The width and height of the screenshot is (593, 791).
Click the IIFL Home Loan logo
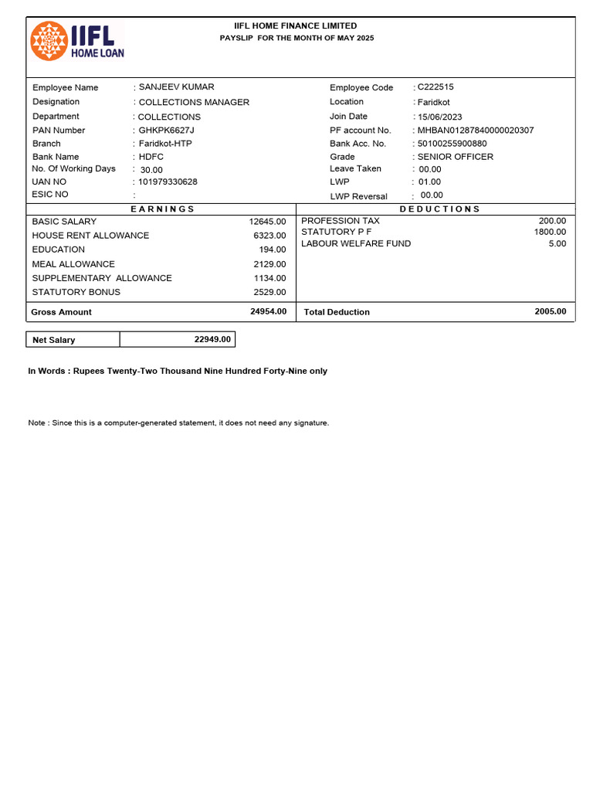pos(77,41)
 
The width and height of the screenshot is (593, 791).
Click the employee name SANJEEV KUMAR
pos(176,87)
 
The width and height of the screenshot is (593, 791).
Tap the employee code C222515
pos(435,87)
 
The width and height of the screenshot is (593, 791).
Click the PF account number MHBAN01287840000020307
pos(475,131)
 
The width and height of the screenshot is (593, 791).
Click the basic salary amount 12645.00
pos(267,222)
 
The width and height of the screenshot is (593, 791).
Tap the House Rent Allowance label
pos(90,236)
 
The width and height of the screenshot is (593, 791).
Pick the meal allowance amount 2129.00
pos(269,264)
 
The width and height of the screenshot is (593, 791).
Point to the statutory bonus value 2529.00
pos(269,292)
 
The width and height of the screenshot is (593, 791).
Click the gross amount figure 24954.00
pos(268,311)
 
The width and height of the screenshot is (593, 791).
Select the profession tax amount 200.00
pos(552,221)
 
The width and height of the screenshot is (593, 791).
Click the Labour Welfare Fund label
pos(356,243)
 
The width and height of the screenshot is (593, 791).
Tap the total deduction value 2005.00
pos(550,311)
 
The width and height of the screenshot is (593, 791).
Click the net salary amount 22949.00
pos(212,339)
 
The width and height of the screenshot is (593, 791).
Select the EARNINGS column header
pos(162,209)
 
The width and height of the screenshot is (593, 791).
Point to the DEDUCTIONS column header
pos(439,209)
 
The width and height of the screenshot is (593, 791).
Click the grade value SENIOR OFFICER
pos(455,157)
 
